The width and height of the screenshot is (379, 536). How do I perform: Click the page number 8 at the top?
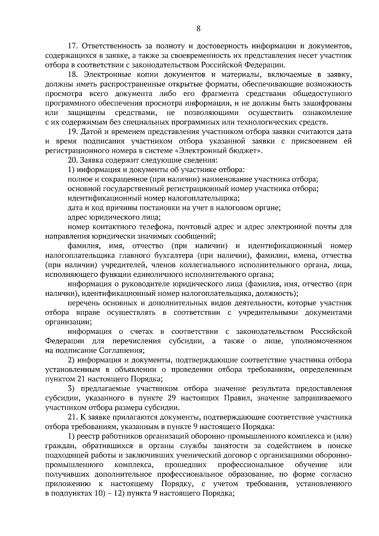click(x=198, y=29)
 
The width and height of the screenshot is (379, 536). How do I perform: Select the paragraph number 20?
click(x=73, y=160)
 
